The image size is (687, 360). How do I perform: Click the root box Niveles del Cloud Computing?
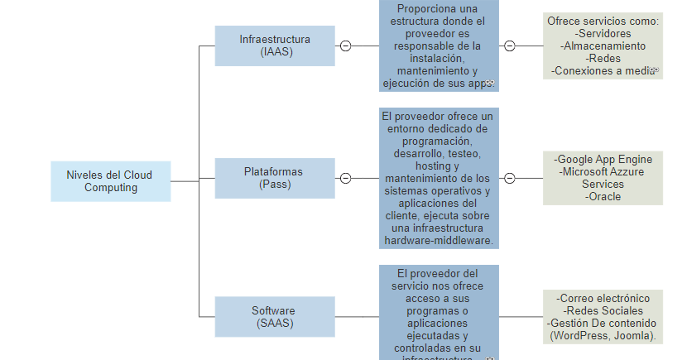111,181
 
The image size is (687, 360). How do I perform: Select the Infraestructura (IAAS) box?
275,46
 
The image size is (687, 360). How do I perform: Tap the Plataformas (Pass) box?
275,178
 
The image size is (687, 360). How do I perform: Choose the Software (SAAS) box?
275,317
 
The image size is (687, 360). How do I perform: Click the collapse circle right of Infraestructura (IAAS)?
345,46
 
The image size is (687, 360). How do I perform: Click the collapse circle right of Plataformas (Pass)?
345,178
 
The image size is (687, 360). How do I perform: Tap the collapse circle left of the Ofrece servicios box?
510,46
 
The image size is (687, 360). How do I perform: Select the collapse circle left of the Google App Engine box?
510,178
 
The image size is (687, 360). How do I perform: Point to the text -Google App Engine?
603,159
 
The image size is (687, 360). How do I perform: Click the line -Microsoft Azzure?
603,171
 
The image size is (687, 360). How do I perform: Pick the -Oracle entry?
603,197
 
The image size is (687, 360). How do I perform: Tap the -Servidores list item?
603,34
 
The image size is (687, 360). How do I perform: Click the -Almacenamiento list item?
603,46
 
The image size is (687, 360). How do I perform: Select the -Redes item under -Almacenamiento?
603,59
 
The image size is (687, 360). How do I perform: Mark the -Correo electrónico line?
603,298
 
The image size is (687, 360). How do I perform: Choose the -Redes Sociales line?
603,310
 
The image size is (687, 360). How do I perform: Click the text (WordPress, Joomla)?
603,336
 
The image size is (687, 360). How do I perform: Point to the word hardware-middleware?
439,241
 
